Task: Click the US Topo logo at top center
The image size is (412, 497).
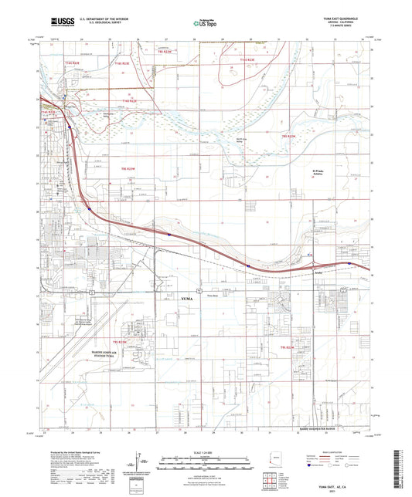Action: [x=205, y=23]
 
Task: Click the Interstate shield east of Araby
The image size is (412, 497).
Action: [x=349, y=263]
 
